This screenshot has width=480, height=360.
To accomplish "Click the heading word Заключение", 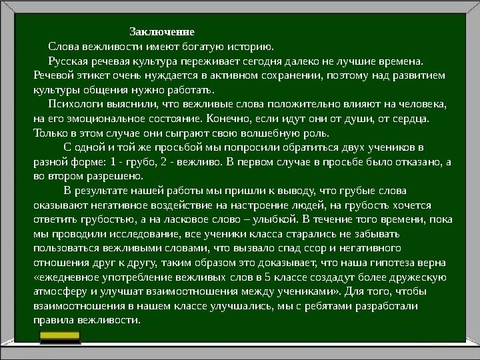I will click(x=162, y=32).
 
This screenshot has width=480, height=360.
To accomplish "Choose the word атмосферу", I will click(x=59, y=291).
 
